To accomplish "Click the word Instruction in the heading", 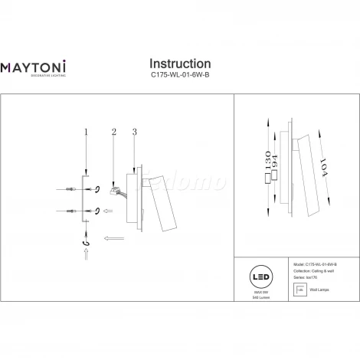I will click(x=179, y=64).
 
